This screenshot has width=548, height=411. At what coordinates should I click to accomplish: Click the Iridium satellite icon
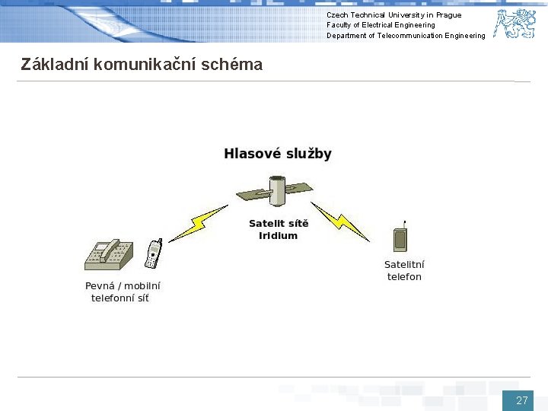click(278, 193)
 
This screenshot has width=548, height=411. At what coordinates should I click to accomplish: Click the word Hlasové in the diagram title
click(250, 154)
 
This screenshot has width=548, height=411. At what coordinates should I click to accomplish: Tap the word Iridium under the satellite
click(278, 236)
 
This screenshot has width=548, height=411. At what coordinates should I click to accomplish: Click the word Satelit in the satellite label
click(266, 224)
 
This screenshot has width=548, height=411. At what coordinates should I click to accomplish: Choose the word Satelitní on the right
click(404, 265)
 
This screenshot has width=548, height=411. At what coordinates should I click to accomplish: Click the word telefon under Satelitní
click(404, 277)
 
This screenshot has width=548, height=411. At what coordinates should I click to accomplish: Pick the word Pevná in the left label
click(99, 286)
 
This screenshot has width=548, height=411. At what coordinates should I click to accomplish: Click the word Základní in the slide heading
click(53, 65)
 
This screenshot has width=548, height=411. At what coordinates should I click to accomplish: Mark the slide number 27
click(521, 400)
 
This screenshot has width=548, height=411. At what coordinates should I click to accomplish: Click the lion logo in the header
click(515, 24)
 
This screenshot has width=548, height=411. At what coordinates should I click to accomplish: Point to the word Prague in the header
click(448, 15)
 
